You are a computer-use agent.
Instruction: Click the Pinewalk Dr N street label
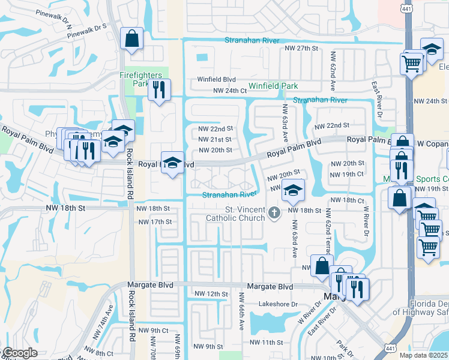coord(53,20)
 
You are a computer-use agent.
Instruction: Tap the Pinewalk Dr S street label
coord(86,31)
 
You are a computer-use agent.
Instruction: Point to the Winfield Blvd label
coord(217,79)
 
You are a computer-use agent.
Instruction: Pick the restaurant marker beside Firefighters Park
coord(159,90)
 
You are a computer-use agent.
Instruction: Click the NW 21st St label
coord(215,139)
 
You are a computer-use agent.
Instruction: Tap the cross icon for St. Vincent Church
coord(275,212)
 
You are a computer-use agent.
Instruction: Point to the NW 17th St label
coord(155,222)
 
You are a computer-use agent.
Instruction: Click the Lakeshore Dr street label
coord(278,304)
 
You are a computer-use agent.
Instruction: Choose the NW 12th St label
coord(211,294)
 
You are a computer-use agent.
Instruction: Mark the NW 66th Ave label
coord(242,311)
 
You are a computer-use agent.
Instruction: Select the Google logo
coord(20,353)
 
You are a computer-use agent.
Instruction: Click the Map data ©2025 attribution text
coord(423,355)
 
